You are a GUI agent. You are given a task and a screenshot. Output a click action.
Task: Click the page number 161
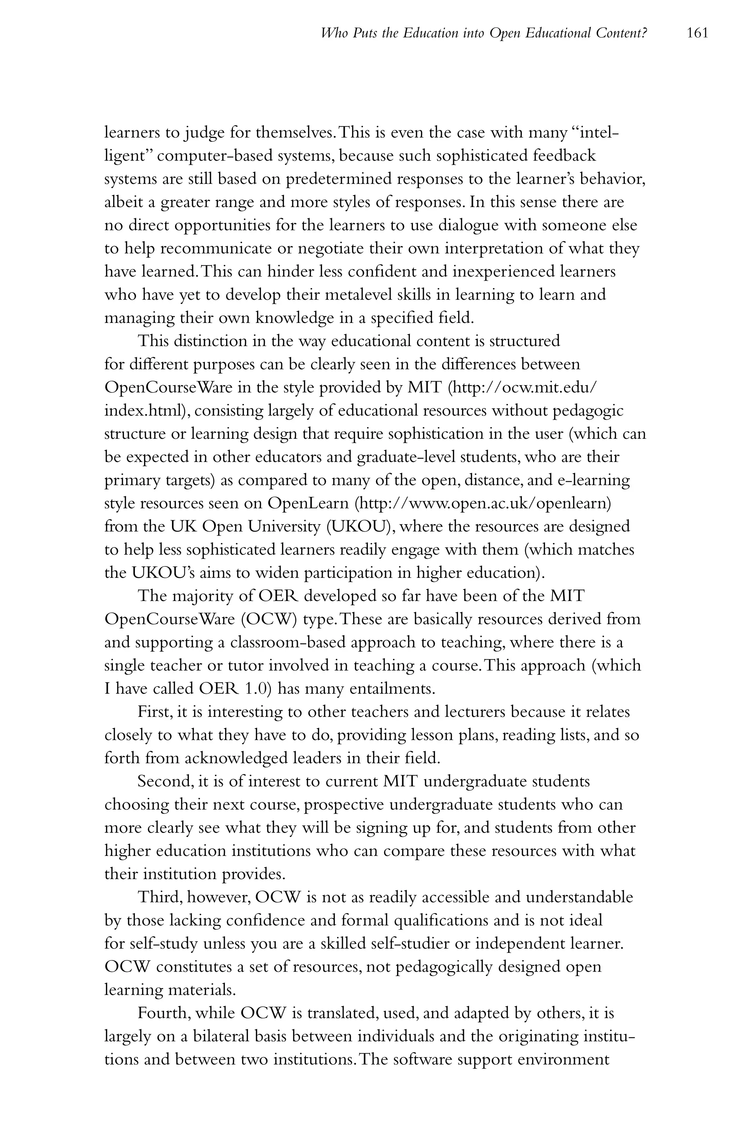click(697, 33)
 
